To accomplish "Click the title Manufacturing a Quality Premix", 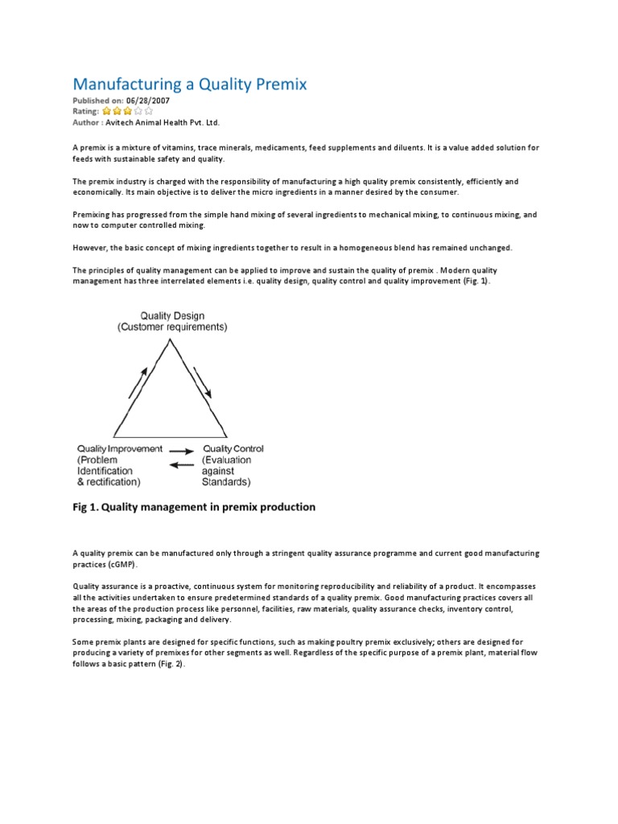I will (190, 84).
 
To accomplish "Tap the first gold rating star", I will (107, 112).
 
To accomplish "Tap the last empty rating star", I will (149, 112).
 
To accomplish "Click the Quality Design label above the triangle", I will (172, 315).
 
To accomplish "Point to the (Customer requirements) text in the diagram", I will (172, 328).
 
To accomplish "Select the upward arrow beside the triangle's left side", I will (138, 382).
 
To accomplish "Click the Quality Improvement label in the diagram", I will (119, 449).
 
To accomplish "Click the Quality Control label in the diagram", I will (233, 449).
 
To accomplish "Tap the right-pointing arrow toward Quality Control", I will (183, 451).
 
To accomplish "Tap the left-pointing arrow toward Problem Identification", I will (183, 464).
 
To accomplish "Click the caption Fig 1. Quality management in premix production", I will (194, 507).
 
